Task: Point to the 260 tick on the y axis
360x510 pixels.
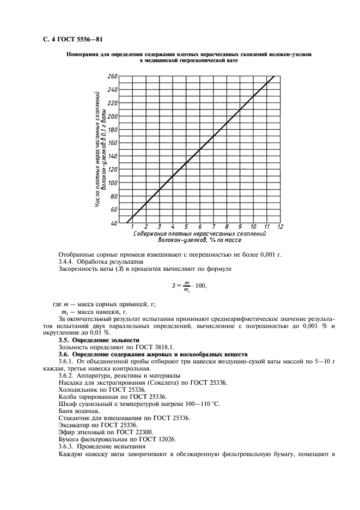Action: pos(113,77)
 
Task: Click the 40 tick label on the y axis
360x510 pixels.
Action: pos(114,223)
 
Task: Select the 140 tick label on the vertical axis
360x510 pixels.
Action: pos(112,156)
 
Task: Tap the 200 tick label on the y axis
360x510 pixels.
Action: pos(112,117)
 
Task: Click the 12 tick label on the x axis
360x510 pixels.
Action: pos(280,227)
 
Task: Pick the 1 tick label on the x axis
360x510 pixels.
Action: pos(132,227)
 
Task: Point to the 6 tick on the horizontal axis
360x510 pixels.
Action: pos(200,227)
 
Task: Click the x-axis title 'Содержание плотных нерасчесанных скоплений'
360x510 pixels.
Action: pos(199,233)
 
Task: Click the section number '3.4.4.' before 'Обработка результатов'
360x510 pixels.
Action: pos(68,262)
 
